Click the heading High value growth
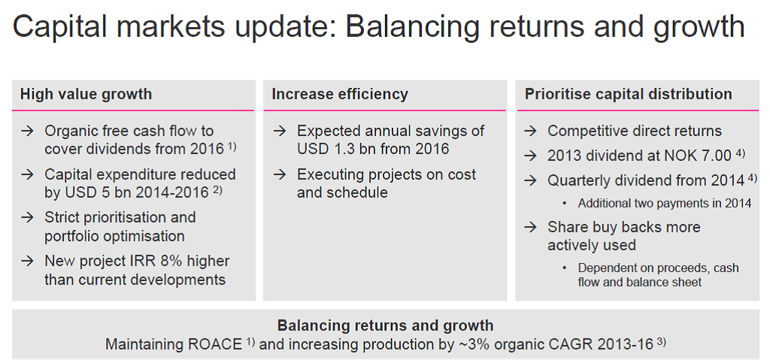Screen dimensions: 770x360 click(86, 94)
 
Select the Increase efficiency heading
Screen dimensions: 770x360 click(340, 94)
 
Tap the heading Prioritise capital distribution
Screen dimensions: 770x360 click(629, 94)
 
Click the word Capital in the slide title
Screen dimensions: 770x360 click(59, 27)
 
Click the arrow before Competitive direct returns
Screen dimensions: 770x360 click(531, 131)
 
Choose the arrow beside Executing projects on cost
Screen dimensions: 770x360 click(280, 175)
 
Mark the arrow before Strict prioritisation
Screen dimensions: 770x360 click(28, 217)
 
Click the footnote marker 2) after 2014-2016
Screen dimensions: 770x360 click(217, 189)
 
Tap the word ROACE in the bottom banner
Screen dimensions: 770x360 click(215, 344)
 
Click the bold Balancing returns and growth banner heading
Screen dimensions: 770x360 click(386, 325)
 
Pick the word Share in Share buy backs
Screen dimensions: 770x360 click(567, 228)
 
